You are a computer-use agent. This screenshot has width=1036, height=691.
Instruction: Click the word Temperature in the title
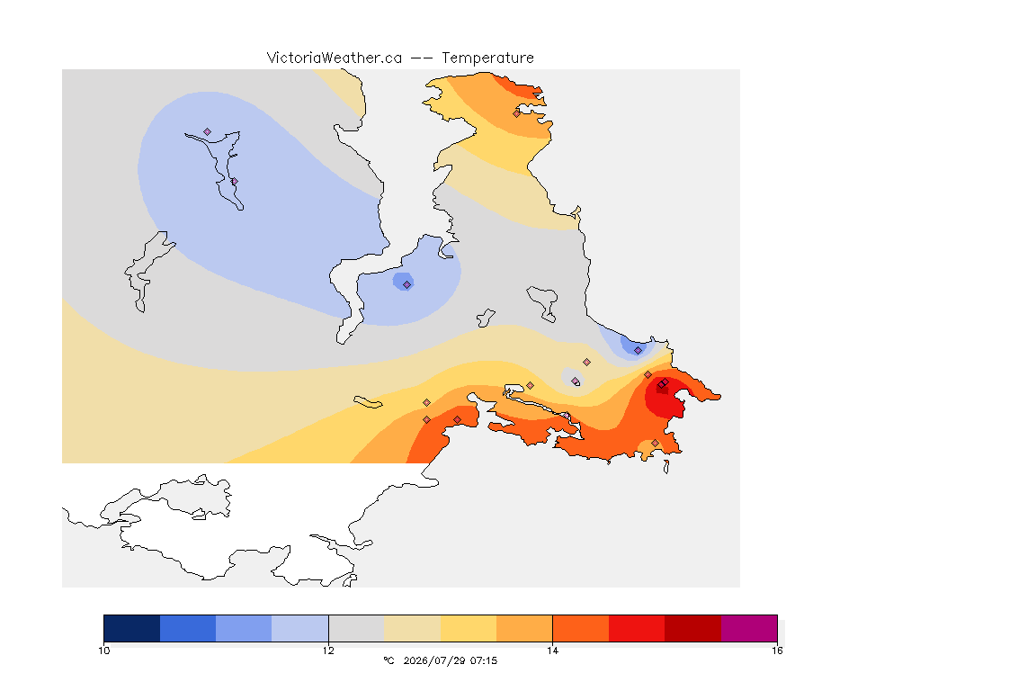pos(487,58)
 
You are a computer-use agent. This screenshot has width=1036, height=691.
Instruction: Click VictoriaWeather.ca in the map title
pos(335,58)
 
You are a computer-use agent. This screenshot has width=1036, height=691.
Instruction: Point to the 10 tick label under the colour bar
pos(103,651)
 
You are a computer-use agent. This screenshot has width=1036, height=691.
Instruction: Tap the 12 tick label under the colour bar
pos(328,651)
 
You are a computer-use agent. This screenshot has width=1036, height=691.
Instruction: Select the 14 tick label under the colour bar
pos(552,651)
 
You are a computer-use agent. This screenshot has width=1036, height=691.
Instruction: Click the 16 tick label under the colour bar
pos(777,651)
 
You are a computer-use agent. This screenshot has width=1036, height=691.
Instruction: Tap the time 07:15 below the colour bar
pos(484,660)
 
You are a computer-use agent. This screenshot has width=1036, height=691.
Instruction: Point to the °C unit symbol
pos(388,660)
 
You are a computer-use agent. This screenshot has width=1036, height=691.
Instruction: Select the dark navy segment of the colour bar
pos(132,628)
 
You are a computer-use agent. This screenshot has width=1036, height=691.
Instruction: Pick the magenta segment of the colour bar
pos(748,628)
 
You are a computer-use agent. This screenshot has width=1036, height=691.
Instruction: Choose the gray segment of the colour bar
pos(356,628)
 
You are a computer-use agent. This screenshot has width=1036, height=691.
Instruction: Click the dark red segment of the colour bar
pos(692,628)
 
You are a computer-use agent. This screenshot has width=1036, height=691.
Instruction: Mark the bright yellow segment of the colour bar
pos(469,628)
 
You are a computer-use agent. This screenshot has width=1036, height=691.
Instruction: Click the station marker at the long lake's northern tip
pos(208,132)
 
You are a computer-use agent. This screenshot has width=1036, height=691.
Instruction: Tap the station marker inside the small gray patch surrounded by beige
pos(576,381)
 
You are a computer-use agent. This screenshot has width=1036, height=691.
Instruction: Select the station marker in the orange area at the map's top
pos(517,113)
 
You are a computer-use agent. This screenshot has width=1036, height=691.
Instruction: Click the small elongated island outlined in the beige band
pos(368,402)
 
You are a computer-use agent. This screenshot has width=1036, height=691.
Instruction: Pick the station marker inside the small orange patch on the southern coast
pos(655,443)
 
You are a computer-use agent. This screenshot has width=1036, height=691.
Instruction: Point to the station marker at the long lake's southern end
pos(235,181)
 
